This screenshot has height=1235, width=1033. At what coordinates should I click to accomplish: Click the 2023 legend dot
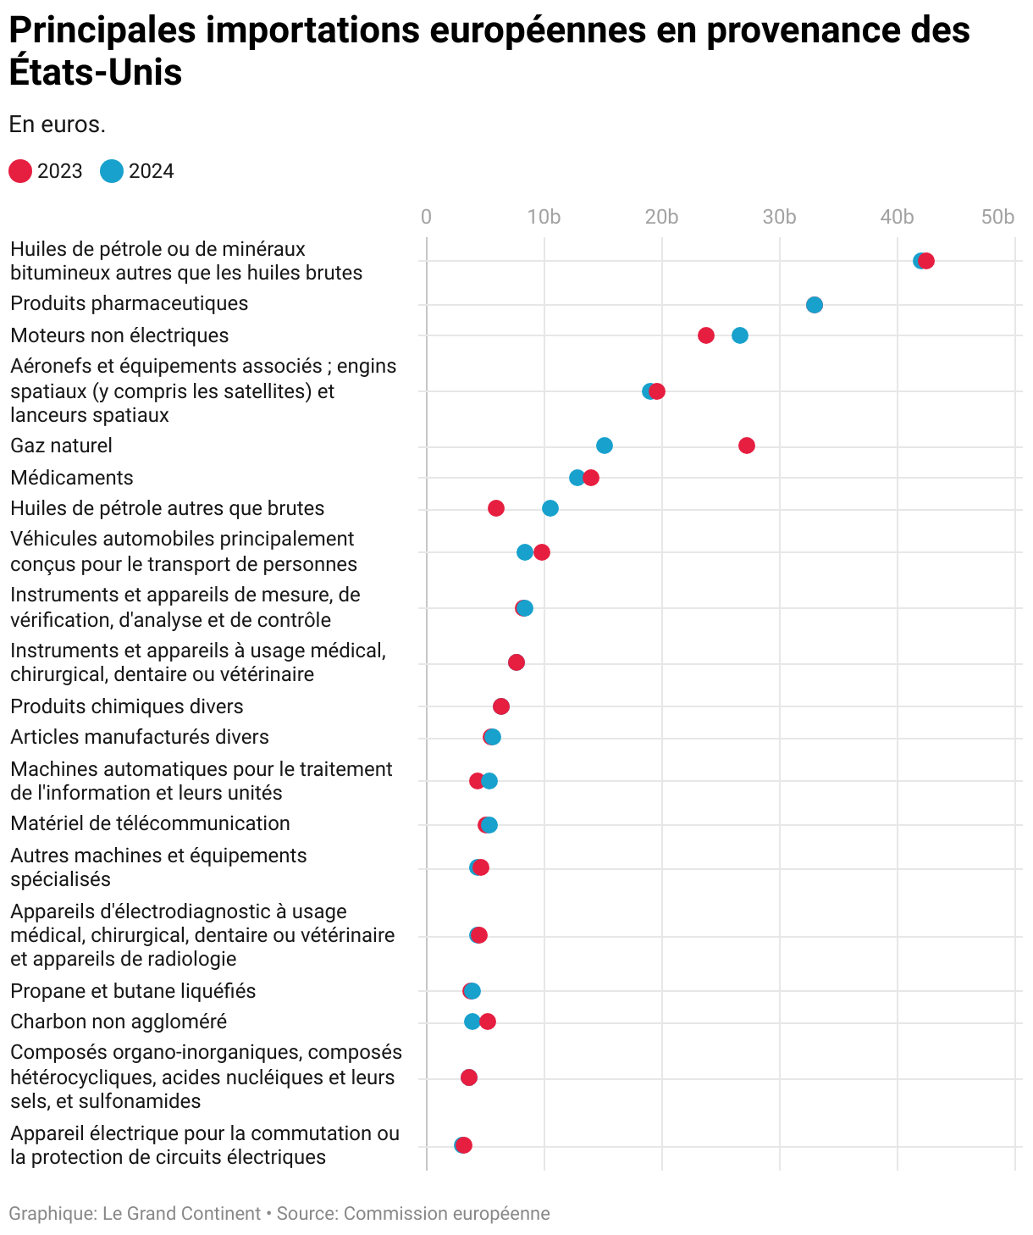coord(20,171)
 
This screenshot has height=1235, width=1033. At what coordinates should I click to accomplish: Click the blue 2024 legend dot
coord(112,171)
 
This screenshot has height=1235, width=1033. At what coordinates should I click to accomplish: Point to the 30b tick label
coord(779,217)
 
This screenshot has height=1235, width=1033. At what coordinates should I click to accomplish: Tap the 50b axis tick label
coord(997,217)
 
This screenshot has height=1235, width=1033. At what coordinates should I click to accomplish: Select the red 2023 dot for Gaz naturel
coord(746,446)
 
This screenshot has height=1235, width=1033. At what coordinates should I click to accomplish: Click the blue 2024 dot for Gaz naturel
coord(605,446)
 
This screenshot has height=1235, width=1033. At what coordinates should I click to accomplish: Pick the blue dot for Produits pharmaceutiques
coord(815,305)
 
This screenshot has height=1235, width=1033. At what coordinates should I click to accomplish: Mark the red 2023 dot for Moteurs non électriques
coord(706,335)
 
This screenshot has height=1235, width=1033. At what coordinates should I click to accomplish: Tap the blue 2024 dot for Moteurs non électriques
coord(740,335)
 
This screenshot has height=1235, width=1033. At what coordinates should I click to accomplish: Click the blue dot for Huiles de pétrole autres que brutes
coord(550,508)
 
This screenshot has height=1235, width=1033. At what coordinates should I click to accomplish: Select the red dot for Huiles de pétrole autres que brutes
coord(496,508)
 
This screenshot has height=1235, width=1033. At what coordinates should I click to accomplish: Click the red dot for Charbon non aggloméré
coord(488,1022)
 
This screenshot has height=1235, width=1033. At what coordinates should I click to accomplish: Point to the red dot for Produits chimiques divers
coord(501,706)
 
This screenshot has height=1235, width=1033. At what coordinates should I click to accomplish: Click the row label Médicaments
coord(72,478)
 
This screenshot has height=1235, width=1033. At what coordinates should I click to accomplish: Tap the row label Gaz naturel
coord(61,446)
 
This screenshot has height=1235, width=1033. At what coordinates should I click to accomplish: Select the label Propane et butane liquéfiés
coord(133,991)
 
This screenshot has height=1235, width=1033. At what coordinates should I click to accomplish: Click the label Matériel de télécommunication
coord(150,823)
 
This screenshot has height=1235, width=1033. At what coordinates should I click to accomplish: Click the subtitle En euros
coord(57,125)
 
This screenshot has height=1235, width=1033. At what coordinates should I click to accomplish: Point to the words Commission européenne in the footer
coord(446,1214)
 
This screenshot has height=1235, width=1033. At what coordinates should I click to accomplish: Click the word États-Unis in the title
coord(96,73)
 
